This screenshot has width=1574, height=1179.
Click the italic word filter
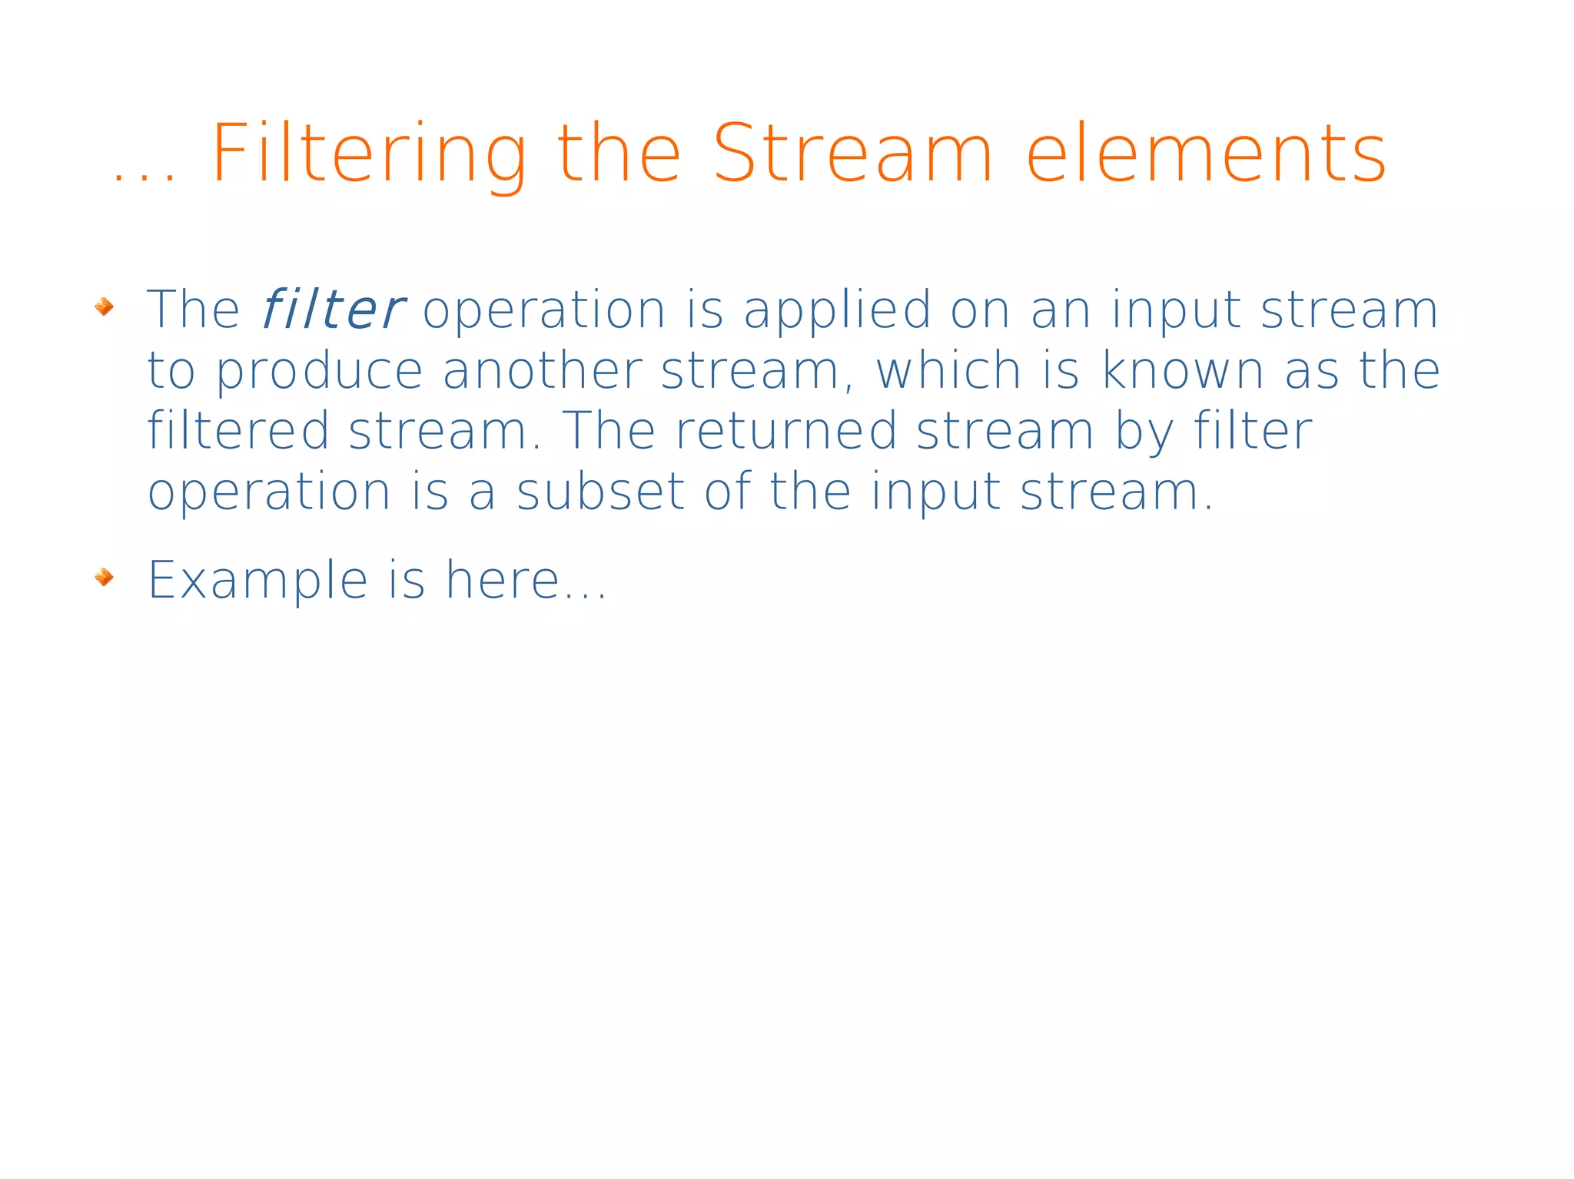coord(332,310)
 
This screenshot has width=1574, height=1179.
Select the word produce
coord(319,373)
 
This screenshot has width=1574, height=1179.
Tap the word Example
coord(257,581)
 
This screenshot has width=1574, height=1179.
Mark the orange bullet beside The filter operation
coord(104,307)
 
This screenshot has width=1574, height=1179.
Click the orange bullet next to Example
coord(104,577)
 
